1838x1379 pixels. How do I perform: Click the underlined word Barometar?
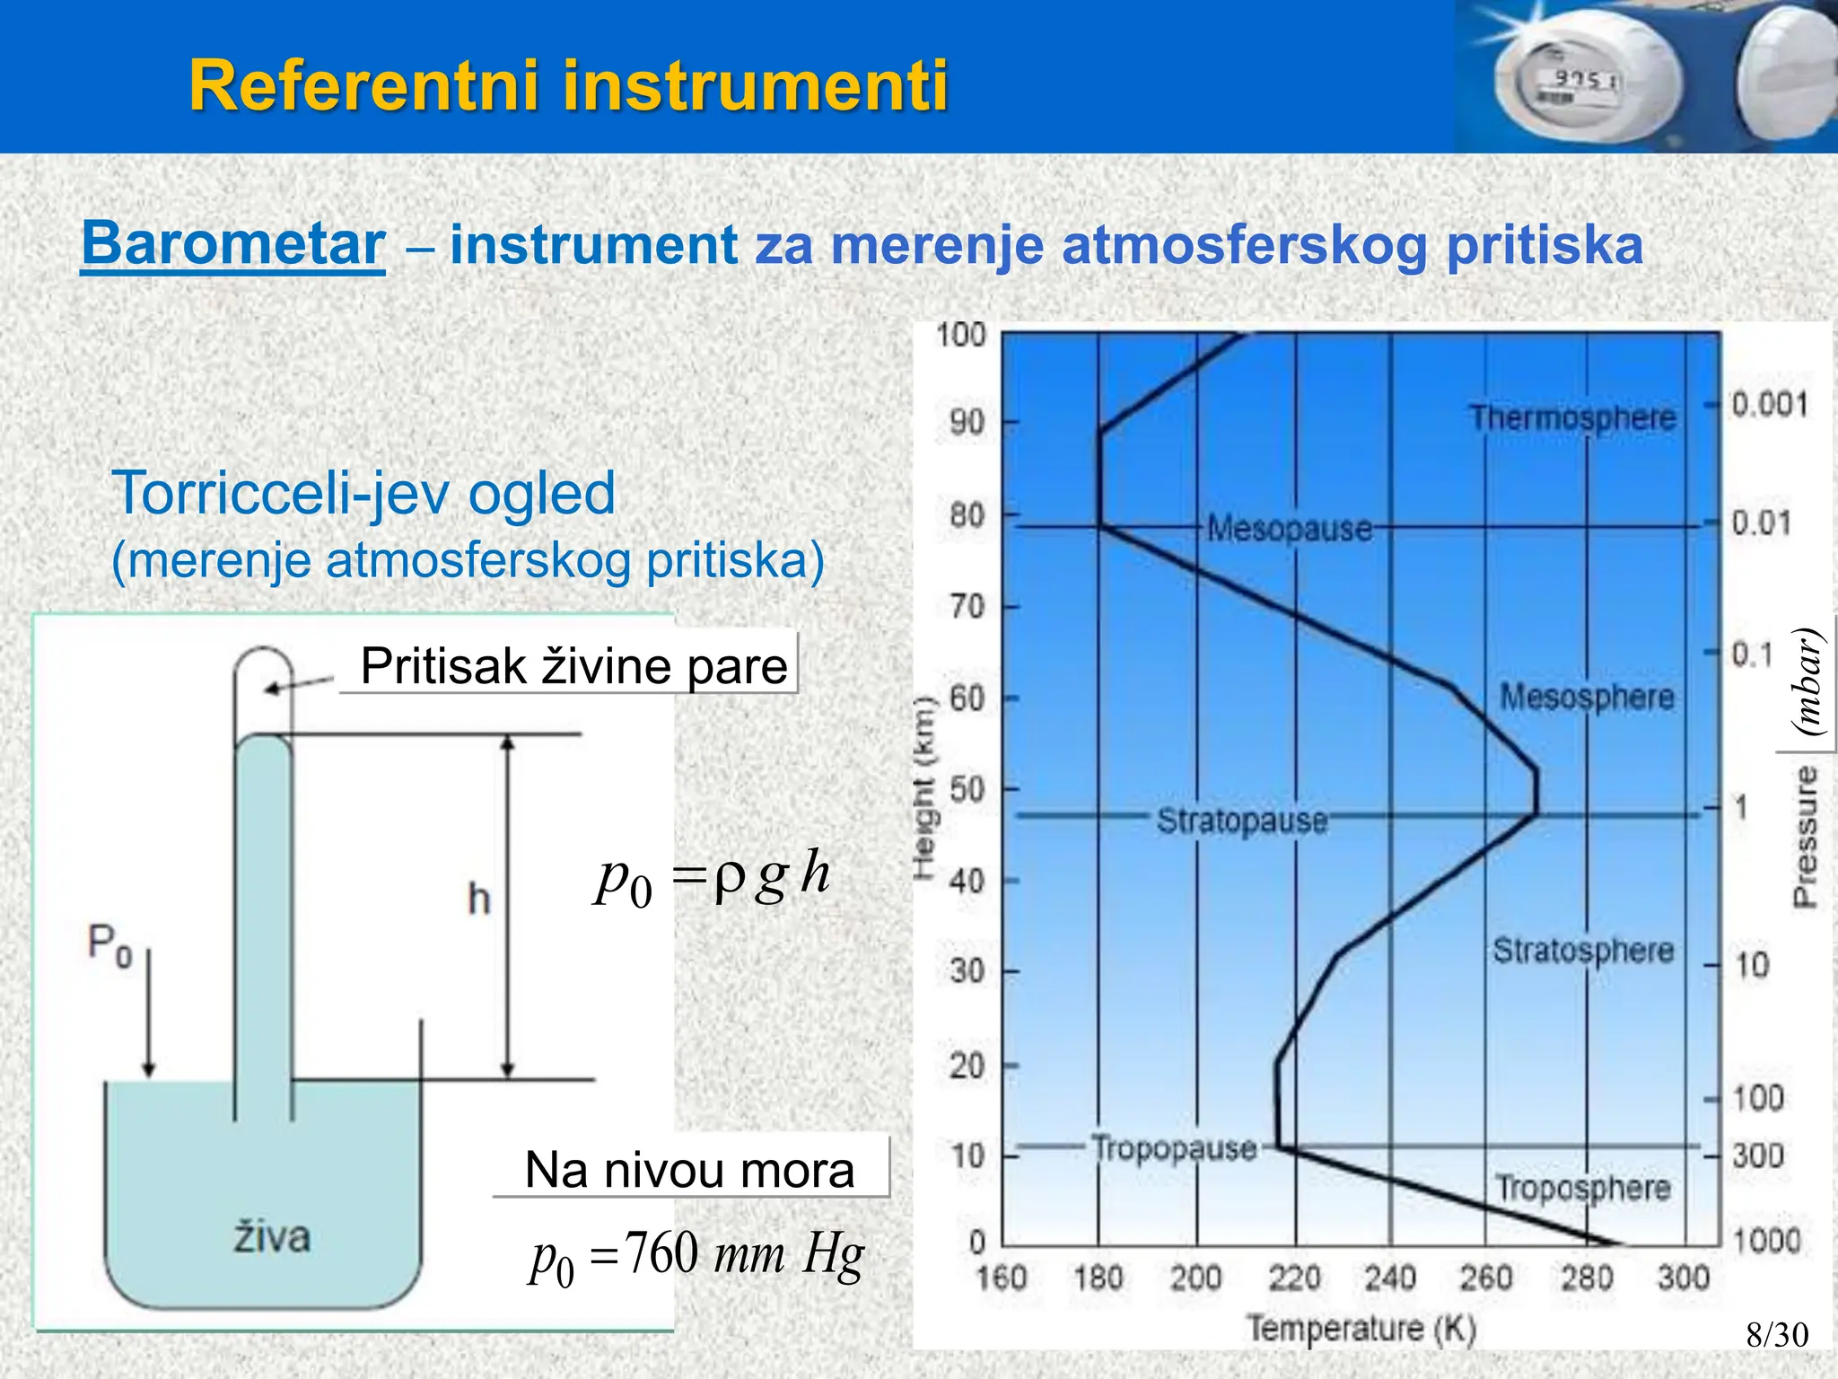pyautogui.click(x=233, y=244)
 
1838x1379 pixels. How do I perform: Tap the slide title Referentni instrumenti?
pyautogui.click(x=568, y=85)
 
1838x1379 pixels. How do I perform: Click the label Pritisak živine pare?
pyautogui.click(x=573, y=666)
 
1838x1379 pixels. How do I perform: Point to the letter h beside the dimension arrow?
pyautogui.click(x=479, y=899)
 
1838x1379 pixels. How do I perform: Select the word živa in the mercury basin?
pyautogui.click(x=272, y=1237)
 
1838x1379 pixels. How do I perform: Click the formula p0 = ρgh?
pyautogui.click(x=713, y=876)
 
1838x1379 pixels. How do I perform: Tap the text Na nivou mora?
pyautogui.click(x=689, y=1170)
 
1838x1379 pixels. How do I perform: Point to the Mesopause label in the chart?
pyautogui.click(x=1289, y=528)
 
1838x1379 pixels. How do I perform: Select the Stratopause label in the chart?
pyautogui.click(x=1241, y=820)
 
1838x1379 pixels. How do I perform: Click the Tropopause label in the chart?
pyautogui.click(x=1174, y=1148)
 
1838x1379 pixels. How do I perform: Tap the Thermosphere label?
pyautogui.click(x=1572, y=417)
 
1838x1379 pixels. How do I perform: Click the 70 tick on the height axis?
pyautogui.click(x=967, y=607)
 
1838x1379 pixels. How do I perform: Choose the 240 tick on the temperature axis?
pyautogui.click(x=1390, y=1277)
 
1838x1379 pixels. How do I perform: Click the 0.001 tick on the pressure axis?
pyautogui.click(x=1769, y=405)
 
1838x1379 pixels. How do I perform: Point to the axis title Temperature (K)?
pyautogui.click(x=1361, y=1328)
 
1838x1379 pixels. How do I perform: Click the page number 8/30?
pyautogui.click(x=1777, y=1335)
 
